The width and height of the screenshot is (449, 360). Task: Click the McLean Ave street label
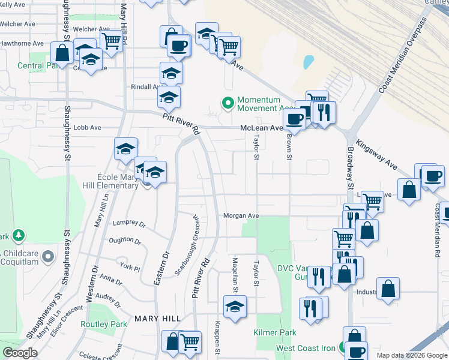[261, 128]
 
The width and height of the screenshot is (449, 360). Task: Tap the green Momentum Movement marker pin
[228, 103]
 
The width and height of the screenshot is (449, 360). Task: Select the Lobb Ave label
[87, 128]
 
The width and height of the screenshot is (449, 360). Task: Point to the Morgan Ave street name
[241, 215]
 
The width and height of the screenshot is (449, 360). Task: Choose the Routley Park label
[104, 324]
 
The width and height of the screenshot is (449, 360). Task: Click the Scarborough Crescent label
[186, 244]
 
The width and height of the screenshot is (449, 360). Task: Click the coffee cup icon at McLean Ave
[294, 119]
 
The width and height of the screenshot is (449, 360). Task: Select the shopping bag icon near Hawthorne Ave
[62, 53]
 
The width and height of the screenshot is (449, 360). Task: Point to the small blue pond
[309, 61]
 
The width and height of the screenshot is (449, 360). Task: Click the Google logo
[20, 353]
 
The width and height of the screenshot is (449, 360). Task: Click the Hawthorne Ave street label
[22, 43]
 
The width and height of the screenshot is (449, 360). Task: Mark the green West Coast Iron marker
[341, 348]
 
